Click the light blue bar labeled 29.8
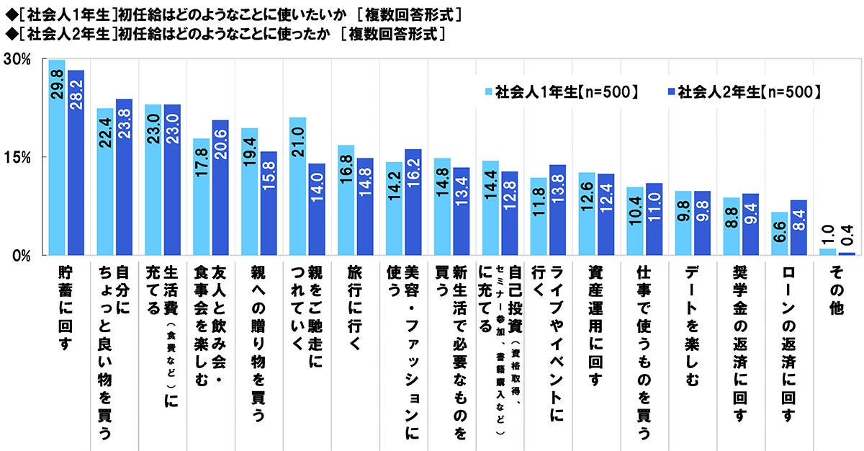[57, 158]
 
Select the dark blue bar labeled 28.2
[76, 163]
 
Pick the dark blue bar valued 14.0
[317, 209]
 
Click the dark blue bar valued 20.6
[220, 187]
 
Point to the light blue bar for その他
[828, 251]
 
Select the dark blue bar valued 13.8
[557, 210]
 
